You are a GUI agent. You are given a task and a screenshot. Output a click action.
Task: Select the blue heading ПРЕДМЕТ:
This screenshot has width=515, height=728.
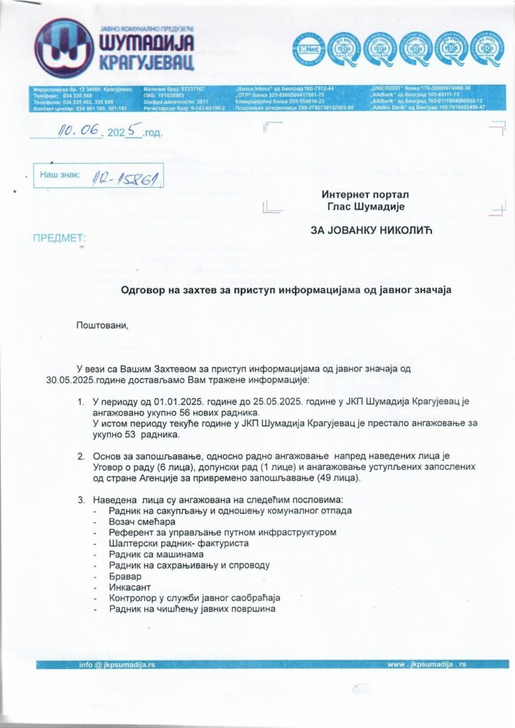pos(60,237)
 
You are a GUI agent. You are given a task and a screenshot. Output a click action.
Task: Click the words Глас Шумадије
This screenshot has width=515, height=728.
pos(365,206)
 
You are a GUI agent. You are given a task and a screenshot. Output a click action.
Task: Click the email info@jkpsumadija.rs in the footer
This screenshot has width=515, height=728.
pos(116,664)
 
